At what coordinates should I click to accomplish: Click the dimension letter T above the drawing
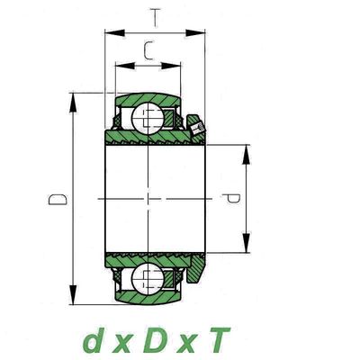point(155,18)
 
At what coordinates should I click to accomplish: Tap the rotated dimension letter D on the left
point(58,199)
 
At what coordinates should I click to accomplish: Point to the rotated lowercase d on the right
point(230,198)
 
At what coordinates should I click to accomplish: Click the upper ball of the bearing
point(148,118)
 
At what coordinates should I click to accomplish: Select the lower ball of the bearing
point(148,278)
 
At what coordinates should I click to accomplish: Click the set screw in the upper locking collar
point(197,129)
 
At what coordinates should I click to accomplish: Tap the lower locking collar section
point(195,268)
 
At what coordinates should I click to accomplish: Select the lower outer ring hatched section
point(148,298)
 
